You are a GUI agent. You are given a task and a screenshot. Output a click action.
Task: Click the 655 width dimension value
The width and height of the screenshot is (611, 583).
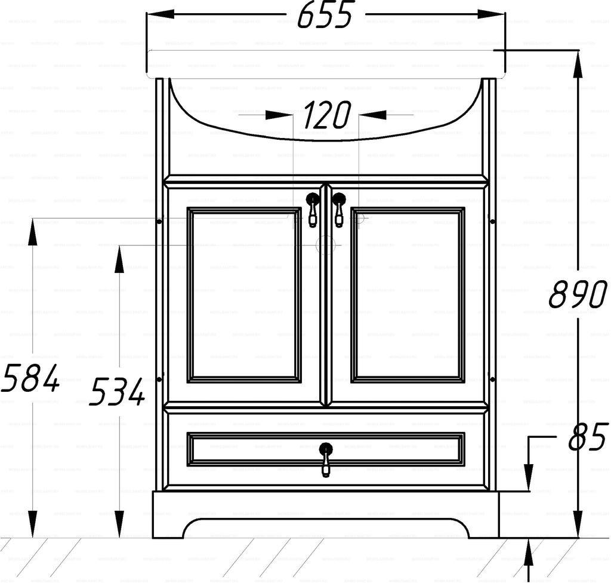326,16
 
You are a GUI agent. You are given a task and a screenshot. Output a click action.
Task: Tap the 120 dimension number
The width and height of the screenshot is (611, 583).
326,115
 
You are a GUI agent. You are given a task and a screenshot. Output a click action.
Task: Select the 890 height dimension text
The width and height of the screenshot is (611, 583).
578,294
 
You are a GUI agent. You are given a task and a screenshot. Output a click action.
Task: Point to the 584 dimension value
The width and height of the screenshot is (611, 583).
30,378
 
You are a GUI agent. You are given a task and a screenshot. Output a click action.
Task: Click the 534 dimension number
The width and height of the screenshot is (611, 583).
118,392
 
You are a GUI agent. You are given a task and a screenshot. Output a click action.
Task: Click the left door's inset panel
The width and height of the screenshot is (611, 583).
244,295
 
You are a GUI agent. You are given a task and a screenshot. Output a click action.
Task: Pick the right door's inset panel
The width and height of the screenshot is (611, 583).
408,295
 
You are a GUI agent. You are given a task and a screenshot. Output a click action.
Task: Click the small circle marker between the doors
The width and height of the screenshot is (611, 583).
326,245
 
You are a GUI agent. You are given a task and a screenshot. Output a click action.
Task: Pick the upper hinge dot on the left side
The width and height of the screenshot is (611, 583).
159,222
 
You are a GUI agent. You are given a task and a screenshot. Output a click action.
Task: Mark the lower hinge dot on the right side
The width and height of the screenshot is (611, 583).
492,379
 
